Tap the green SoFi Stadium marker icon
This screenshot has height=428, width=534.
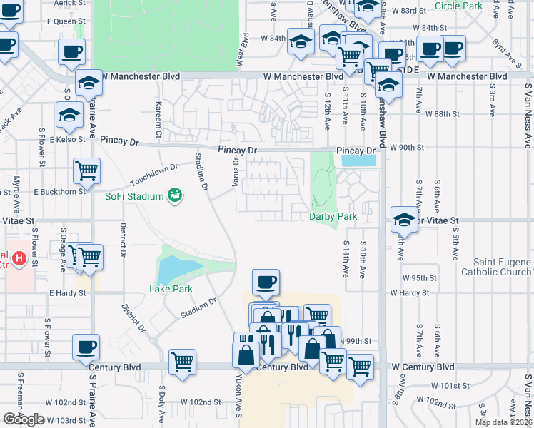pos(173,195)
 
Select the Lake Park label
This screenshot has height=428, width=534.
pos(171,289)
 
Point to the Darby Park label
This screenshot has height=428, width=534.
pos(332,216)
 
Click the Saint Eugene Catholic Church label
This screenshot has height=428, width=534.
pos(496,266)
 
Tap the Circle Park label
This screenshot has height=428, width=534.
pos(458,6)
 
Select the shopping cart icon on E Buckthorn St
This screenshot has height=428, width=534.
pos(86,170)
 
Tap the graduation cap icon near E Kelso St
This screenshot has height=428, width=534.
pos(69,115)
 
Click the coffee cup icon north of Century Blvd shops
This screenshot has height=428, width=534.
pos(266,282)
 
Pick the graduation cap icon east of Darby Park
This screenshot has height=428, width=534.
pos(403,219)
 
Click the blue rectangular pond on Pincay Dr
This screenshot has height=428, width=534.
pos(358,161)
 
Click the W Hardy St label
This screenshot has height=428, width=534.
pos(409,292)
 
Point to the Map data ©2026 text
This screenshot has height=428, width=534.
pos(503,422)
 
